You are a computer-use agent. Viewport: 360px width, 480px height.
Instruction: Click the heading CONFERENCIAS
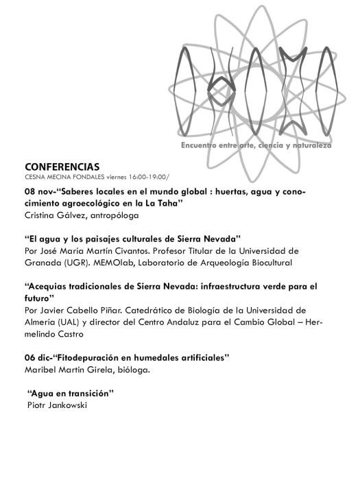pyautogui.click(x=62, y=167)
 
